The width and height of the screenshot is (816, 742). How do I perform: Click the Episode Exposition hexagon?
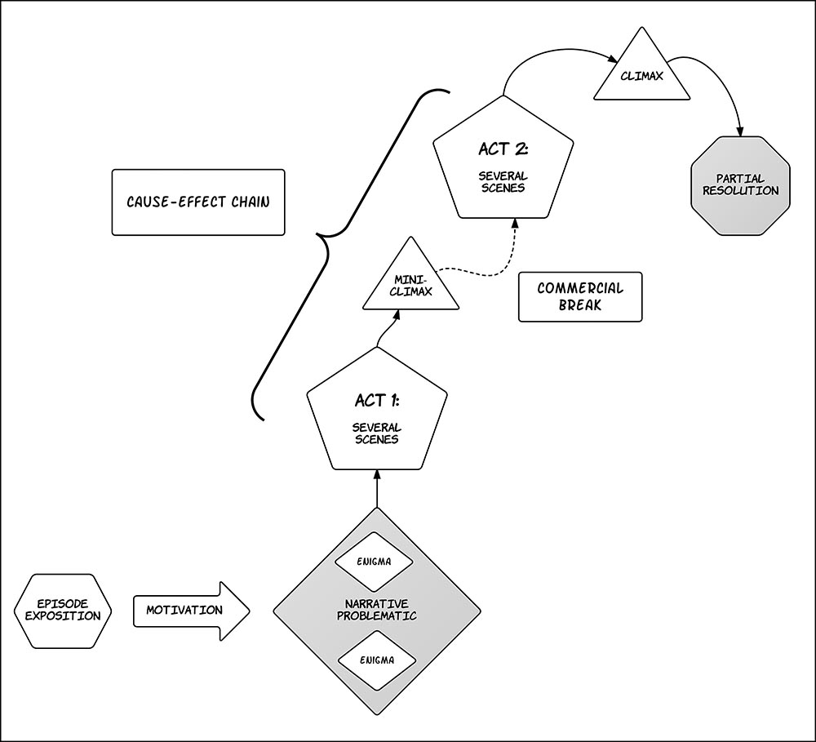click(x=62, y=610)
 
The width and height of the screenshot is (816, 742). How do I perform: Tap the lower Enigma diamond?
click(x=376, y=658)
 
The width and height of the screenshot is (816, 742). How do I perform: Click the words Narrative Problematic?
click(x=376, y=610)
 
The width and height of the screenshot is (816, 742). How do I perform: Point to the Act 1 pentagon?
click(x=376, y=416)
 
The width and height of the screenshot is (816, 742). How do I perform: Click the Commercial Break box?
click(x=580, y=296)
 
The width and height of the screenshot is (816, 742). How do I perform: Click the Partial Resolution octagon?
click(x=741, y=186)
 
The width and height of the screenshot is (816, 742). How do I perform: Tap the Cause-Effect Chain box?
click(x=198, y=202)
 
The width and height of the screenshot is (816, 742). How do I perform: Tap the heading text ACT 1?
click(x=376, y=401)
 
